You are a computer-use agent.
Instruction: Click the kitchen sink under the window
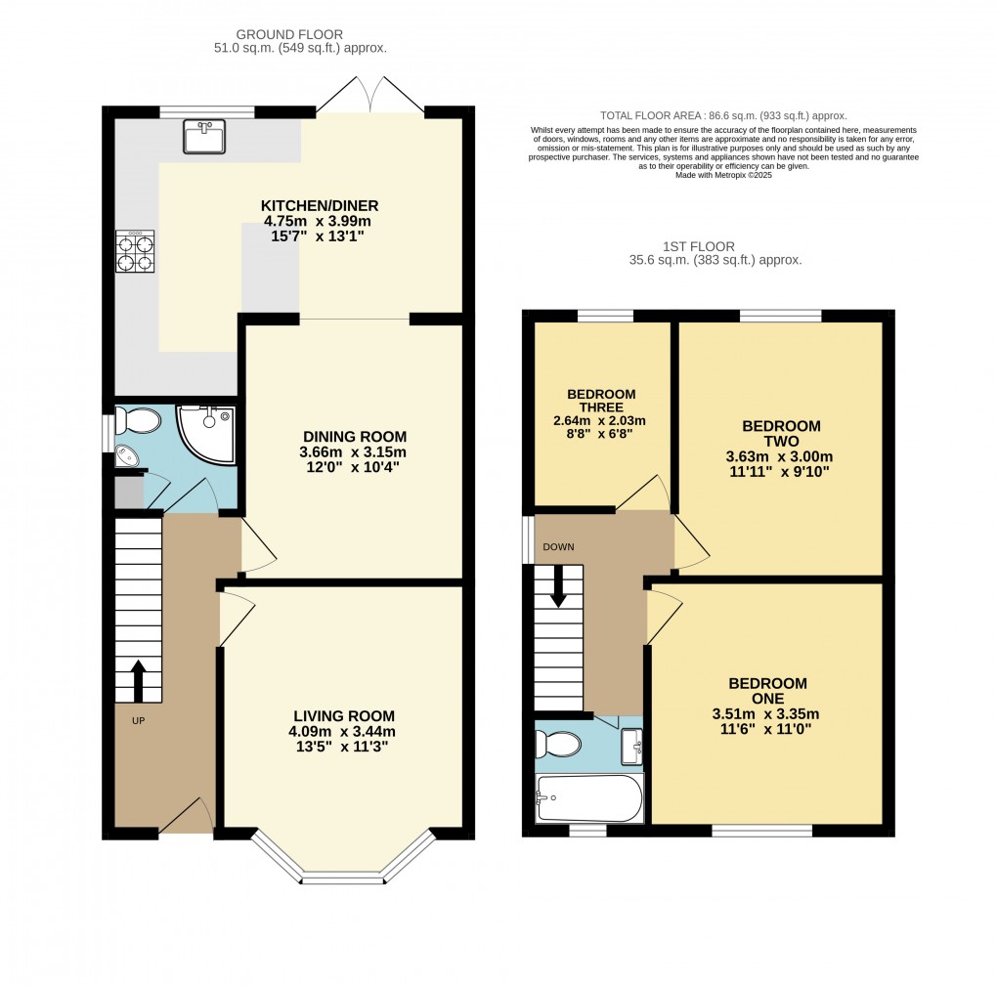[x=203, y=137]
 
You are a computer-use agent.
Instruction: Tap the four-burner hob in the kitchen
[x=135, y=251]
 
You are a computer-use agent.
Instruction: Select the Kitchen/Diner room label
[x=319, y=205]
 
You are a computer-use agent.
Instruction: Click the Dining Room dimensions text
[x=353, y=459]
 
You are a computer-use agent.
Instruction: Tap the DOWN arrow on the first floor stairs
[x=558, y=586]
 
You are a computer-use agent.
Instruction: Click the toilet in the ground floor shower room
[x=136, y=421]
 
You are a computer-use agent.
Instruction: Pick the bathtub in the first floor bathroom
[x=589, y=799]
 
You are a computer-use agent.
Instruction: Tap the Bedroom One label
[x=767, y=691]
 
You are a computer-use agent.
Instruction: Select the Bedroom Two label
[x=781, y=434]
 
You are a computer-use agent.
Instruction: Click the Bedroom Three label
[x=601, y=401]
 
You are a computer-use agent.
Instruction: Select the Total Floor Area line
[x=722, y=115]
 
